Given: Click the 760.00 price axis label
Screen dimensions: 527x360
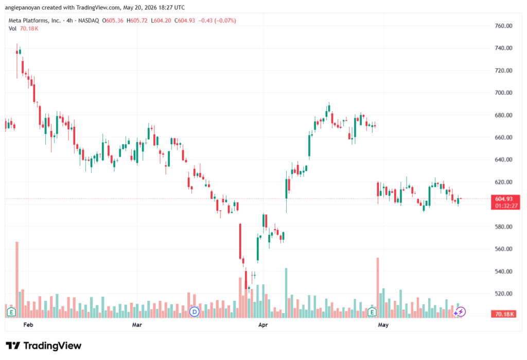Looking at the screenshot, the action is (x=503, y=26).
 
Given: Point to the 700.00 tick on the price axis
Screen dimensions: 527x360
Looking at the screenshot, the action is (x=503, y=93).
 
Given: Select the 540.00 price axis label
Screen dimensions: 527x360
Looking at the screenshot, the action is (x=503, y=271).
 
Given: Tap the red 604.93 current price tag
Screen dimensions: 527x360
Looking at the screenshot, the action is (x=505, y=202).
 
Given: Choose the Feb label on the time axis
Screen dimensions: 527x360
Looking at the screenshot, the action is (x=28, y=325).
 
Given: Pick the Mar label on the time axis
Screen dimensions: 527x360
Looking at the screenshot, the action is (x=137, y=325).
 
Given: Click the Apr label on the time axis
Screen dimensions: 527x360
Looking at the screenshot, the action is (x=263, y=325).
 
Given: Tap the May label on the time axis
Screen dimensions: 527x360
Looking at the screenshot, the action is (x=383, y=325).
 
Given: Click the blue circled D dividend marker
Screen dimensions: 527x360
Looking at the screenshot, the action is (x=194, y=312).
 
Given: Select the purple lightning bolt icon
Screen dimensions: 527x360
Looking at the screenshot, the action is (x=461, y=312).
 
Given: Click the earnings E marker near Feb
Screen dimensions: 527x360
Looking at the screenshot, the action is (x=11, y=312).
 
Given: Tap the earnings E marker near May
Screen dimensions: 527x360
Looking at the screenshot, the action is (x=372, y=312).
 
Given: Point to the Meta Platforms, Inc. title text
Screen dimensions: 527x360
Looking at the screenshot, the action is (x=34, y=21).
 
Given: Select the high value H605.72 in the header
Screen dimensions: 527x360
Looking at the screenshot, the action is (x=137, y=21).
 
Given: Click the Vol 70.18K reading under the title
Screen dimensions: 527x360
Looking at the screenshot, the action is (x=23, y=29).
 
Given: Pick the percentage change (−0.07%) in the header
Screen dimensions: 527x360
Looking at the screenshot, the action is (x=225, y=21).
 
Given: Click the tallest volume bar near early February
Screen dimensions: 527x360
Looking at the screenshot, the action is (x=17, y=280).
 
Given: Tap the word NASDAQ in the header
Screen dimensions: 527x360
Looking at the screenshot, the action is (x=89, y=21).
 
